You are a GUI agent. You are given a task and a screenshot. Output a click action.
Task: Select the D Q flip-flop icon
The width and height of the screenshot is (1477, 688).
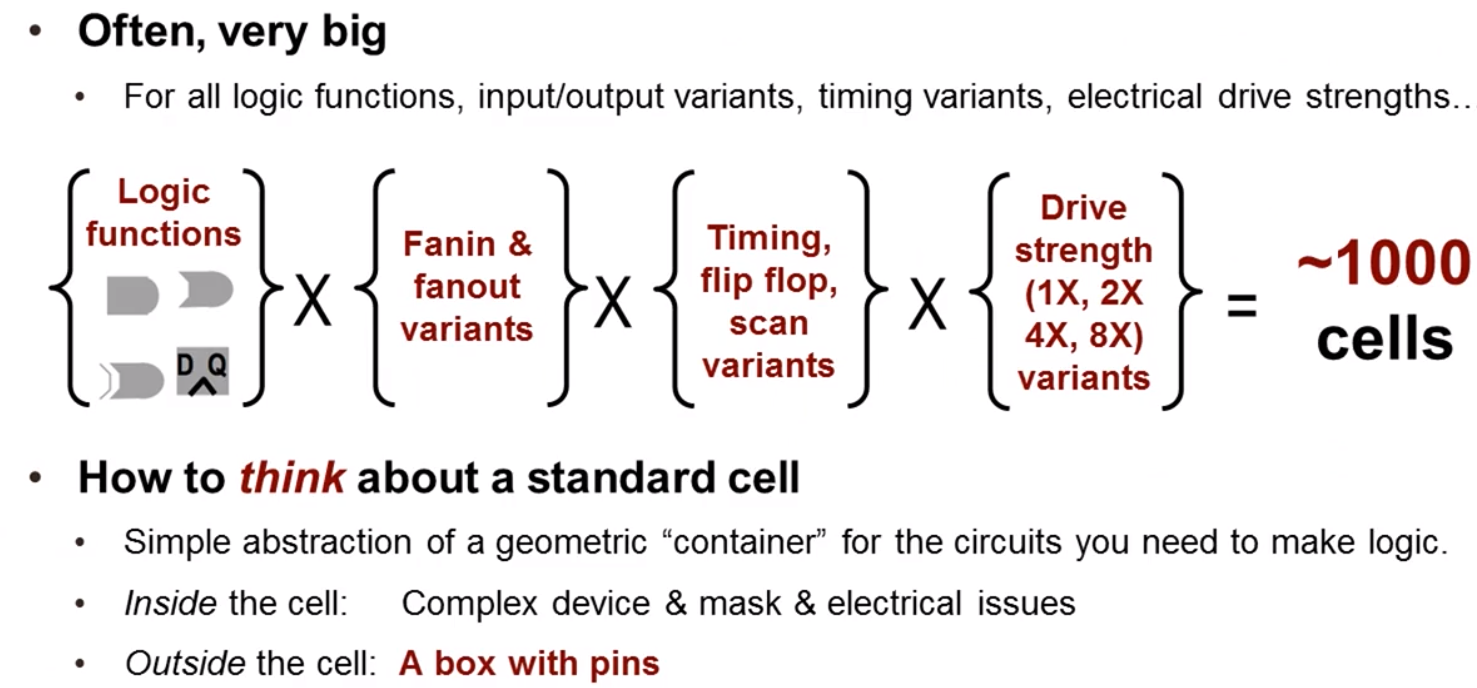pos(202,371)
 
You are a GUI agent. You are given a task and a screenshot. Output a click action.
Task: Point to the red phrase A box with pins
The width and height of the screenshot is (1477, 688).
pos(529,664)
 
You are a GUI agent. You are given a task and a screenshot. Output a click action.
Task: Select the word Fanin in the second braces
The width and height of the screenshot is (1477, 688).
pos(449,244)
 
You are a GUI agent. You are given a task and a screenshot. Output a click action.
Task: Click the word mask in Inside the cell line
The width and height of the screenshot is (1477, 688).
pos(740,603)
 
